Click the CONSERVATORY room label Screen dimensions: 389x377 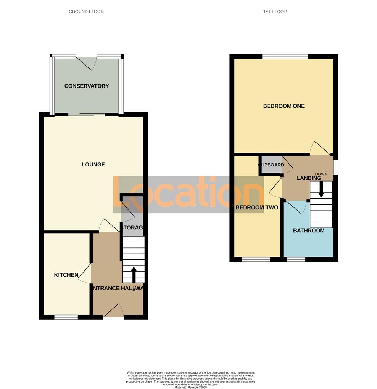(x=86, y=86)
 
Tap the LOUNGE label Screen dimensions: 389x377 (x=93, y=165)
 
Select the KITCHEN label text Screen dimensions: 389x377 (x=66, y=275)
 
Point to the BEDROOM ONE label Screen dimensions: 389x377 (x=284, y=106)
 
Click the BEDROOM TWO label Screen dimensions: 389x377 (x=257, y=207)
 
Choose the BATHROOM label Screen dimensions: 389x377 (x=309, y=231)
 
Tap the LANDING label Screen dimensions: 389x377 (x=309, y=178)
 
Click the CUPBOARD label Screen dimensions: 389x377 (x=271, y=165)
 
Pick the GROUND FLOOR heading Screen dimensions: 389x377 (x=86, y=12)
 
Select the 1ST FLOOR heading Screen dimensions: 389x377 (x=275, y=12)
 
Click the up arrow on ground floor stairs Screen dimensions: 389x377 (x=134, y=274)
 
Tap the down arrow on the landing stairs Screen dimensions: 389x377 (x=321, y=189)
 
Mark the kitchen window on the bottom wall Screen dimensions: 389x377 (x=66, y=317)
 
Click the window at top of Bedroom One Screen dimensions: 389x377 (x=285, y=57)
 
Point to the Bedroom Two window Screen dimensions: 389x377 (x=256, y=259)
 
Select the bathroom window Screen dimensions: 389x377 (x=296, y=259)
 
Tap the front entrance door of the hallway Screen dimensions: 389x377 (x=113, y=312)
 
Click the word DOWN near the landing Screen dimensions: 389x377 (x=321, y=174)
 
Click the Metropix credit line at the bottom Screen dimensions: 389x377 (x=190, y=388)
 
